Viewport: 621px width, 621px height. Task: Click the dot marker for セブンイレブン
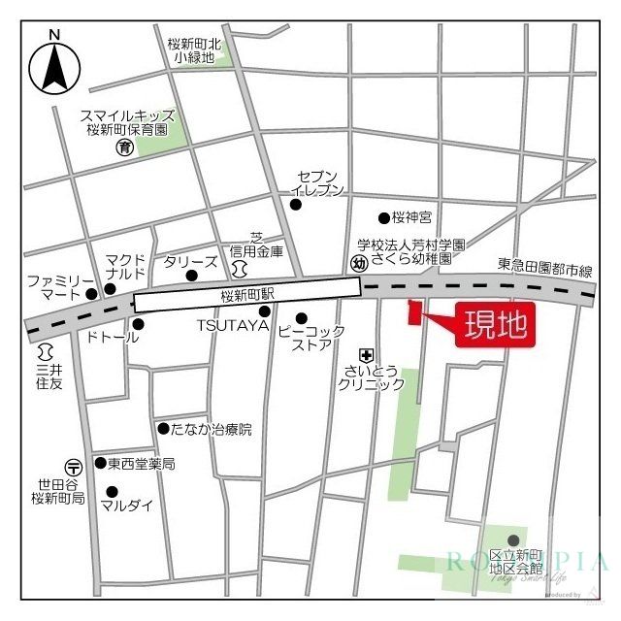[x=297, y=204]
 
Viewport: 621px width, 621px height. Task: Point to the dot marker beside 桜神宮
[x=384, y=218]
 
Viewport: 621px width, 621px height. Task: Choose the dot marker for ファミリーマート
[x=92, y=293]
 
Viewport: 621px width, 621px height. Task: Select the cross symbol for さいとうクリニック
[x=366, y=354]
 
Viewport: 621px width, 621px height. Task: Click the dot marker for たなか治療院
[x=162, y=428]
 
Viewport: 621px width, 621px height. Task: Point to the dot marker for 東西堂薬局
[x=100, y=464]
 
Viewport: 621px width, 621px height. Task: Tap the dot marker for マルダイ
[x=112, y=492]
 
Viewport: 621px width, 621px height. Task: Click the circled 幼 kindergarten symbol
[x=359, y=263]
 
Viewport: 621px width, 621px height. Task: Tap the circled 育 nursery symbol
[x=124, y=147]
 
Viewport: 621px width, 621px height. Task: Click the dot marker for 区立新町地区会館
[x=513, y=540]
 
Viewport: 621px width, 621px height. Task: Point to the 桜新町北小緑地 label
[x=194, y=50]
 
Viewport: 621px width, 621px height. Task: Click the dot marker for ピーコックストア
[x=302, y=317]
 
